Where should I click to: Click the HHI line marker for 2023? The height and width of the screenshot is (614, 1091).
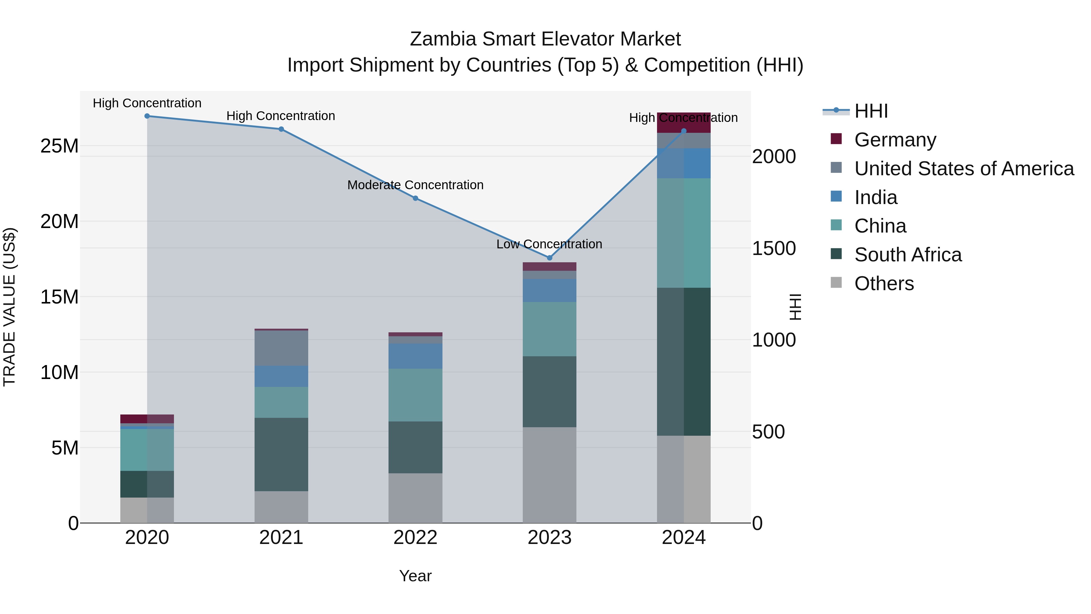pos(549,258)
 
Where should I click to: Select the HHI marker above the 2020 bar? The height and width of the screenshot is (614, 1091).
pos(147,116)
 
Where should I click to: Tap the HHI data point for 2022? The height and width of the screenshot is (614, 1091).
pos(415,198)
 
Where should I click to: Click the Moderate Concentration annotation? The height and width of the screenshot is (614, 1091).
pos(415,185)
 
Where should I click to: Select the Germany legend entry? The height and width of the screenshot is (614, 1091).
pos(895,140)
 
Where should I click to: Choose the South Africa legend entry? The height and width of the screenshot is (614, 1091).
pos(908,255)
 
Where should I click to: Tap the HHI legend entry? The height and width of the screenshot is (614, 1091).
pos(871,111)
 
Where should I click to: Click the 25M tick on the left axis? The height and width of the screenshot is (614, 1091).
pos(59,146)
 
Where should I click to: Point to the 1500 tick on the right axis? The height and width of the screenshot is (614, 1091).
pos(774,249)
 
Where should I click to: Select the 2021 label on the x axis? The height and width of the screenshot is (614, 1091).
pos(281,538)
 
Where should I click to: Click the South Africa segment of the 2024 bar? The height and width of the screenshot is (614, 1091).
pos(684,361)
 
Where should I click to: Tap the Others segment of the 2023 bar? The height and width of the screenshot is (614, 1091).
pos(549,475)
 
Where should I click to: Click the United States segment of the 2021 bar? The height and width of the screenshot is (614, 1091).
pos(281,348)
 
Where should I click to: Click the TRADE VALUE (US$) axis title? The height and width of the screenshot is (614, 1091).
pos(9,307)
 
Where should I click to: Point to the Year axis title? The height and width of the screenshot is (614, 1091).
pos(415,576)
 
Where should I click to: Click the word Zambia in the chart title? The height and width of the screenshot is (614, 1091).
pos(443,39)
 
